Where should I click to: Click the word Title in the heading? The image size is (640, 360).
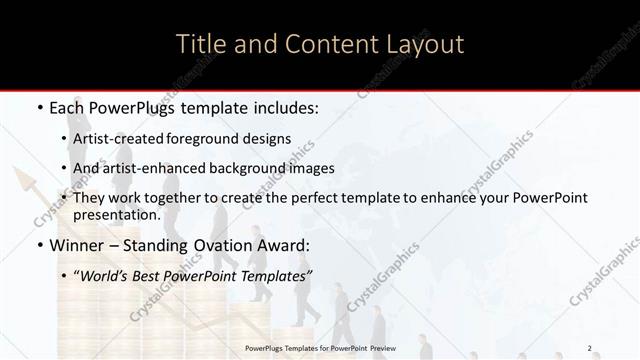200,45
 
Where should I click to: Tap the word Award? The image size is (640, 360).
284,245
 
